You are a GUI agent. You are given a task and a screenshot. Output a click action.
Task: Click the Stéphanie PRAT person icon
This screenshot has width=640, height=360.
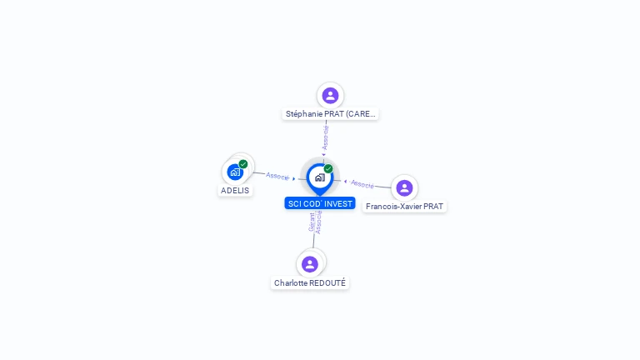pyautogui.click(x=330, y=96)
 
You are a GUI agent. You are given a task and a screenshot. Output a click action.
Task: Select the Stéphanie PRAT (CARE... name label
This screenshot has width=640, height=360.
pyautogui.click(x=330, y=114)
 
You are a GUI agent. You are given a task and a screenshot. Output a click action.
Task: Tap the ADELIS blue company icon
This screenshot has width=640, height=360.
pyautogui.click(x=235, y=172)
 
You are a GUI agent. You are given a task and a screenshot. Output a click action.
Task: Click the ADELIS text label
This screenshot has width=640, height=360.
pyautogui.click(x=235, y=191)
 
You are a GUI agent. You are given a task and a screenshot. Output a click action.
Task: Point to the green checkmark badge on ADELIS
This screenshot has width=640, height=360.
pyautogui.click(x=243, y=164)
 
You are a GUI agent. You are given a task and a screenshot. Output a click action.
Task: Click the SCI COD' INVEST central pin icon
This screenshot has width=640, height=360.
pyautogui.click(x=320, y=179)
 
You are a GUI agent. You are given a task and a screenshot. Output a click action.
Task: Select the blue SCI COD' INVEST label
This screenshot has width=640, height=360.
pyautogui.click(x=320, y=203)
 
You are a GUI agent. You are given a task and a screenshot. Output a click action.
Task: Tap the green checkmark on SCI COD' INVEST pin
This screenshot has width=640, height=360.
pyautogui.click(x=328, y=168)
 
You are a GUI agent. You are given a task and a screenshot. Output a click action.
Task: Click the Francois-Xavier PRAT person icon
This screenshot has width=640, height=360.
pyautogui.click(x=404, y=188)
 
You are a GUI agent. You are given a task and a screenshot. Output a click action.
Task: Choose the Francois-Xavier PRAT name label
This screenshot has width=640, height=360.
pyautogui.click(x=404, y=207)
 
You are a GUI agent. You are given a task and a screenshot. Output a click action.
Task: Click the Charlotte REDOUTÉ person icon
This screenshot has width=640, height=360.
pyautogui.click(x=310, y=264)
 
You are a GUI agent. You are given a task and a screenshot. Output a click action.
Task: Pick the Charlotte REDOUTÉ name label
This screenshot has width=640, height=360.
pyautogui.click(x=310, y=282)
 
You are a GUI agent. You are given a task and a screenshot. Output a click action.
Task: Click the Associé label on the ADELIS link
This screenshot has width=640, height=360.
pyautogui.click(x=277, y=177)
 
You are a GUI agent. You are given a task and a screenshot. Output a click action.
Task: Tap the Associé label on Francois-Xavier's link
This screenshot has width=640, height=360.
pyautogui.click(x=362, y=184)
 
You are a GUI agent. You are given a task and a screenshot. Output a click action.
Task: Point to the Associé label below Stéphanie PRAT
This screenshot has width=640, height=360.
pyautogui.click(x=325, y=137)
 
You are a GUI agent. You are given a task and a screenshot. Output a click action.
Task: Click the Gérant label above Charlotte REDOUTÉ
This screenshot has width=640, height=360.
pyautogui.click(x=312, y=222)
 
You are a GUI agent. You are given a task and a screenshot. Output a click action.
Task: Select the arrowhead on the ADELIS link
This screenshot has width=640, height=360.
pyautogui.click(x=294, y=179)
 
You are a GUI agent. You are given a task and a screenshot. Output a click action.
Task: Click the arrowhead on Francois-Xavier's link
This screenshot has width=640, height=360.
pyautogui.click(x=345, y=182)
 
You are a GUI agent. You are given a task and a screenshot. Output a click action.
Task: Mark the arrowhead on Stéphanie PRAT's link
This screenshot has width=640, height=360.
pyautogui.click(x=323, y=155)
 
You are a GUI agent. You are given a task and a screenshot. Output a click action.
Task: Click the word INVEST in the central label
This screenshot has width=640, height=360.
pyautogui.click(x=338, y=203)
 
